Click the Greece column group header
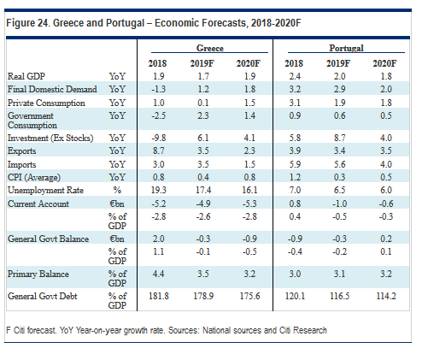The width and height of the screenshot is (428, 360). click(x=210, y=48)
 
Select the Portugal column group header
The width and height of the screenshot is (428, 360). click(x=346, y=48)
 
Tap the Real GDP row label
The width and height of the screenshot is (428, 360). click(x=26, y=76)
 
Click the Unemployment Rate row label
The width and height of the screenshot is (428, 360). click(x=45, y=190)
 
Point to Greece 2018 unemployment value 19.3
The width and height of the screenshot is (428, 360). click(x=159, y=190)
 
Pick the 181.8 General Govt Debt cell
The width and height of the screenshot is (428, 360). click(x=159, y=296)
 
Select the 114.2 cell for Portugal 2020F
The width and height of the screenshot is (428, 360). click(x=386, y=296)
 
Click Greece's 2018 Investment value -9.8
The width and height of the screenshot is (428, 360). click(x=159, y=138)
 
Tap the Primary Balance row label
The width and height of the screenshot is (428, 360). click(x=38, y=274)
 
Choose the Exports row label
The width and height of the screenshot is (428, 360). click(x=21, y=150)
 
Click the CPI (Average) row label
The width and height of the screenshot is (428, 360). click(x=34, y=177)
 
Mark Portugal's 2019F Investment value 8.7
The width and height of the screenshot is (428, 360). click(x=339, y=138)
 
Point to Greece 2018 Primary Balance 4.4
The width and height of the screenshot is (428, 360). click(x=158, y=274)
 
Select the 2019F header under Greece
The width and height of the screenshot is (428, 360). click(x=202, y=63)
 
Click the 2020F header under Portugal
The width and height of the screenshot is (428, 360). click(x=384, y=63)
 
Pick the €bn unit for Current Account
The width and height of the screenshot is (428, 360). click(x=117, y=204)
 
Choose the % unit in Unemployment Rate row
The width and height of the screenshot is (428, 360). click(x=117, y=190)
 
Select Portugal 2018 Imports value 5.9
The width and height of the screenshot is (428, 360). click(x=295, y=164)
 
